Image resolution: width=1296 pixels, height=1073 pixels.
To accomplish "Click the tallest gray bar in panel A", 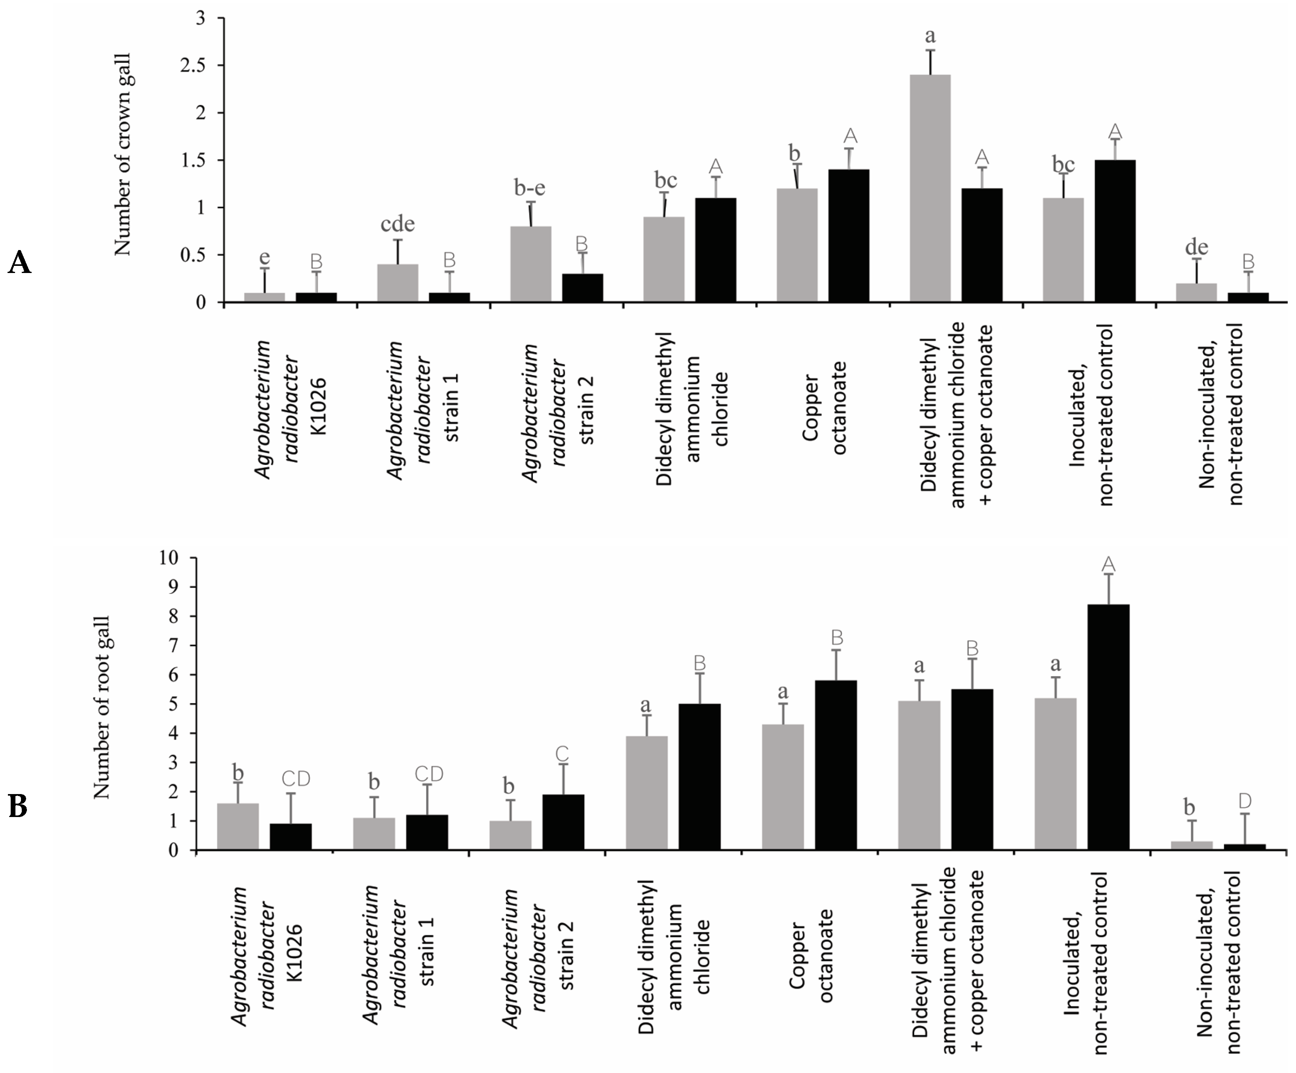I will [x=930, y=188].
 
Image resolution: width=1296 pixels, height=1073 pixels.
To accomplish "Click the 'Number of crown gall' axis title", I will [x=123, y=154].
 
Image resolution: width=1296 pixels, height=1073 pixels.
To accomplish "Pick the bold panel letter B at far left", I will [x=18, y=806].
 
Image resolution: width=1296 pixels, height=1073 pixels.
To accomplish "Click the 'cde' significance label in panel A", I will [x=398, y=224].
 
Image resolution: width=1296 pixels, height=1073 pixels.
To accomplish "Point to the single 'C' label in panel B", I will [x=562, y=754].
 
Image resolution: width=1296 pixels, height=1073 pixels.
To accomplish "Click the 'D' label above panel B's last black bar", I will [x=1245, y=801].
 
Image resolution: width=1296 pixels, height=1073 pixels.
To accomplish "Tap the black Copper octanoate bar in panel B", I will [x=836, y=766].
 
